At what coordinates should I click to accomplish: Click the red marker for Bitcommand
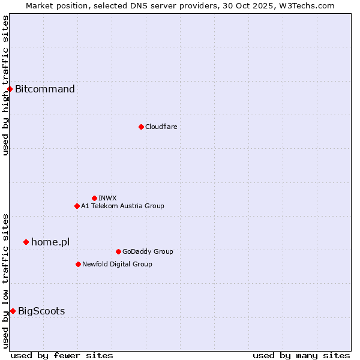point(10,89)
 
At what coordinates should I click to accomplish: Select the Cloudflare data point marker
point(141,127)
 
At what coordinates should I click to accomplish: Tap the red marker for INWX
point(94,198)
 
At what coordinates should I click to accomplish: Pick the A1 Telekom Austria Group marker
point(77,206)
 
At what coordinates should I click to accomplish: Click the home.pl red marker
point(26,242)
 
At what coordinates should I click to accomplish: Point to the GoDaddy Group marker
point(118,251)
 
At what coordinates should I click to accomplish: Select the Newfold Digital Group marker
point(78,264)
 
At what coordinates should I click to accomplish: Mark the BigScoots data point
point(13,311)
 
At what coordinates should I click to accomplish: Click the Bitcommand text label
point(45,89)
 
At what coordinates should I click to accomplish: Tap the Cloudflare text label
point(161,127)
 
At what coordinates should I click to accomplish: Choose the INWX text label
point(107,198)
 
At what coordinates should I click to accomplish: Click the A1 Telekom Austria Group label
point(122,206)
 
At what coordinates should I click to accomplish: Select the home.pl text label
point(50,242)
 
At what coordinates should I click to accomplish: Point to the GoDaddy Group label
point(148,251)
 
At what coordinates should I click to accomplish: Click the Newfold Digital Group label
point(117,264)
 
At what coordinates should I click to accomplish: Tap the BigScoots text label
point(41,311)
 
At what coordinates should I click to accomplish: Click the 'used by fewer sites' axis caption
point(62,355)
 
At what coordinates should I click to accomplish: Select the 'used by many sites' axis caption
point(301,355)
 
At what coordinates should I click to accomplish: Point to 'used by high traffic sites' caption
point(5,85)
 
